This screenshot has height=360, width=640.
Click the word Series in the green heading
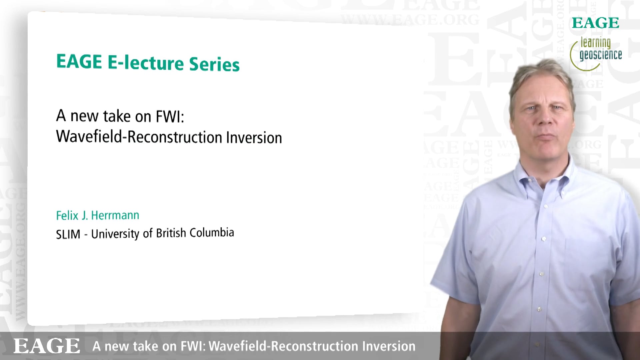coord(214,64)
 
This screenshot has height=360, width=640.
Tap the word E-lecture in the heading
coord(146,62)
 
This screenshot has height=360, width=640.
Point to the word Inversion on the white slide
coord(254,138)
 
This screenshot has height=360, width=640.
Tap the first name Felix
coord(67,216)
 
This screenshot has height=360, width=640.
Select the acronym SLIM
coord(68,234)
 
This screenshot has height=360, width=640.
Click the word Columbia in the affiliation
coord(212,232)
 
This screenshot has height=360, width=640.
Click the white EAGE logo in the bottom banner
coord(47,346)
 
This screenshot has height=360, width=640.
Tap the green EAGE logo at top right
coord(595,23)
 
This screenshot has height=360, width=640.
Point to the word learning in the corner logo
coord(596,43)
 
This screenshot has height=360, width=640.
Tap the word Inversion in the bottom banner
coord(389,346)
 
